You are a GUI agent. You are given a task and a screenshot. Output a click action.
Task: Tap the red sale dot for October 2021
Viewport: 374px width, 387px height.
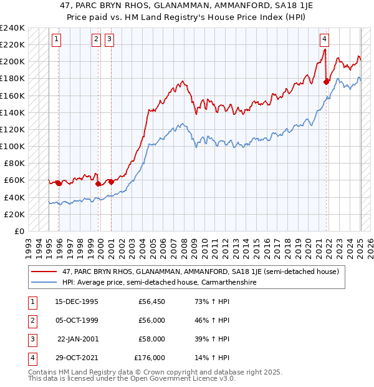[x=327, y=81]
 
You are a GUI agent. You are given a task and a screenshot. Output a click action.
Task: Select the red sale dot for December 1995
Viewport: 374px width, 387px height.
[x=59, y=183]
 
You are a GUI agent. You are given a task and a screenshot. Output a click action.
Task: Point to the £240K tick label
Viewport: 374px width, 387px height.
[x=12, y=28]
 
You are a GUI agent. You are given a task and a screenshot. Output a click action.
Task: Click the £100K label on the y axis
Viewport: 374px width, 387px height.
[x=12, y=146]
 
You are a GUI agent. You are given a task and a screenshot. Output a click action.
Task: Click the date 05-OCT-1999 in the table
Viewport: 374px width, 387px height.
[x=77, y=321]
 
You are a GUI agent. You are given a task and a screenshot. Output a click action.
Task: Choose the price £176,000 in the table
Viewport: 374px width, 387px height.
[x=150, y=358]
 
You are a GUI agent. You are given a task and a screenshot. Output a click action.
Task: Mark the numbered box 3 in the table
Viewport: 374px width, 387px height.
[x=31, y=340]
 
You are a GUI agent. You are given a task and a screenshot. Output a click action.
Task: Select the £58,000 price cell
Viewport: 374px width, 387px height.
[x=151, y=340]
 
